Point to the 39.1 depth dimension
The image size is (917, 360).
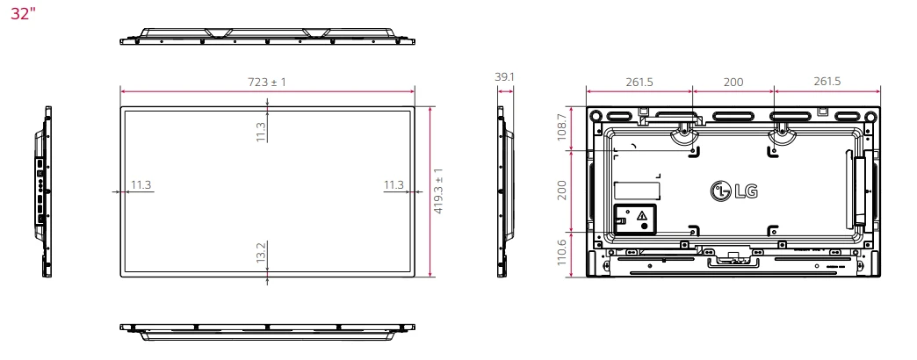505,77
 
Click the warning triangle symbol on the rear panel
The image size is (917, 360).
642,214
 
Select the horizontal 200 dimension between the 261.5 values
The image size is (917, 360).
733,81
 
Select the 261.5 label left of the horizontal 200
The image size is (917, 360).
639,81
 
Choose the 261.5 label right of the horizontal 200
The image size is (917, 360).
827,81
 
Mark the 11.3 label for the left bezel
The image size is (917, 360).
141,184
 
